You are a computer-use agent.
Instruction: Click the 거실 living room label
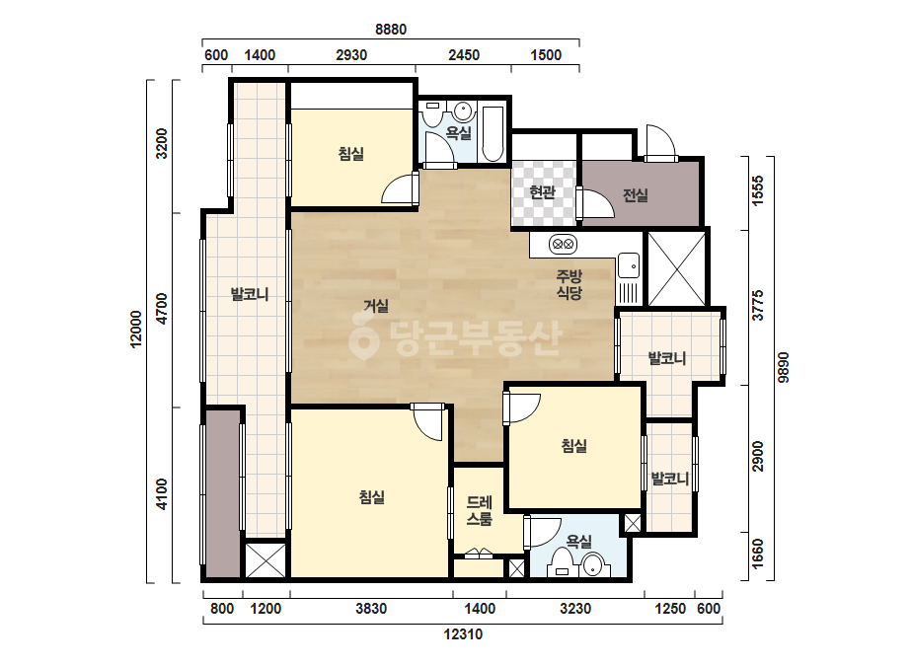376,306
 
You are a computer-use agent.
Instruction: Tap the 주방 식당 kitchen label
569,285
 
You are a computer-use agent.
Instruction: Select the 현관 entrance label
543,192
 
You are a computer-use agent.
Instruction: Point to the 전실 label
635,195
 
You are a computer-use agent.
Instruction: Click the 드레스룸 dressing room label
480,511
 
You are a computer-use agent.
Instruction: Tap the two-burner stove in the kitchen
563,245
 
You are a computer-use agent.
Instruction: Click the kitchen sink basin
629,266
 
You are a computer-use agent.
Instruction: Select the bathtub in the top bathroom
493,133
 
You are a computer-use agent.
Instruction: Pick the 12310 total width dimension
463,633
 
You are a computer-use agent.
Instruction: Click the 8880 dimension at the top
391,30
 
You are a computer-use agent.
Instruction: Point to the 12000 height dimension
136,330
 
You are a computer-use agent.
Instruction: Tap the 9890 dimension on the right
784,367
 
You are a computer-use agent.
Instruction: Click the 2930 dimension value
351,55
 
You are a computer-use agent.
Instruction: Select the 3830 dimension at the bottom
371,609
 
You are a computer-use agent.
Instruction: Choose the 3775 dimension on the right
758,306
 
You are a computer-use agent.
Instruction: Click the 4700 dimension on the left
162,309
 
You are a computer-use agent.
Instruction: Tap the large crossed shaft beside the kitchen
677,268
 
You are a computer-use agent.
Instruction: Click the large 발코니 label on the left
250,294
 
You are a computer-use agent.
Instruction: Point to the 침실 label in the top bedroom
351,154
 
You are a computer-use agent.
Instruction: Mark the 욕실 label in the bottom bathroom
578,542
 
